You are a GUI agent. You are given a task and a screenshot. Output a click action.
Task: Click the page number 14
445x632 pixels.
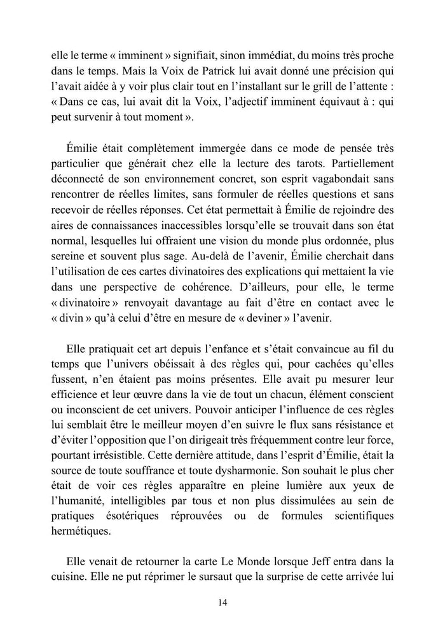pos(222,602)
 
